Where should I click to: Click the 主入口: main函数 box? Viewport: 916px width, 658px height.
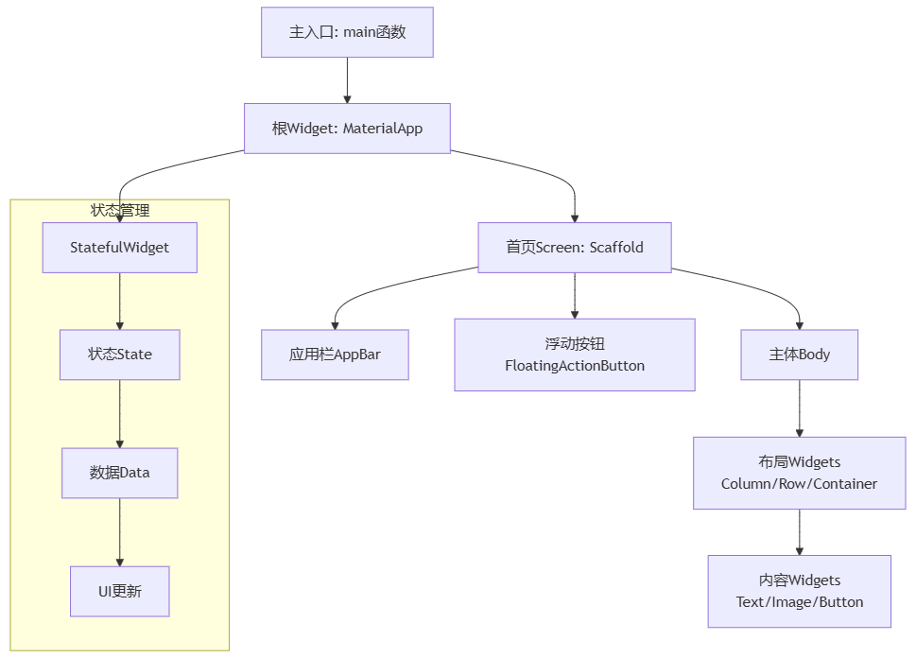pyautogui.click(x=347, y=32)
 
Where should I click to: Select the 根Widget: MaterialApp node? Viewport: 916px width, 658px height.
pyautogui.click(x=347, y=129)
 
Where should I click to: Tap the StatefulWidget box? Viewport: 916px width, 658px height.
pyautogui.click(x=119, y=248)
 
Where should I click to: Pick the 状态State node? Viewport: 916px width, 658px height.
pyautogui.click(x=119, y=355)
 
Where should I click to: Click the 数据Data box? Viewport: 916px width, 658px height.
pyautogui.click(x=119, y=473)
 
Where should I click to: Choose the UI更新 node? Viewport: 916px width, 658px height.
pyautogui.click(x=119, y=591)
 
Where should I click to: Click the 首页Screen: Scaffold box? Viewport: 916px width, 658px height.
pyautogui.click(x=574, y=248)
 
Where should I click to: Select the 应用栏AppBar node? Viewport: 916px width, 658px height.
pyautogui.click(x=335, y=355)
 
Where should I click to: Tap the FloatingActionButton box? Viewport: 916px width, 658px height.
pyautogui.click(x=574, y=355)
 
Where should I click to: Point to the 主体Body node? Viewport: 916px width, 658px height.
pyautogui.click(x=799, y=355)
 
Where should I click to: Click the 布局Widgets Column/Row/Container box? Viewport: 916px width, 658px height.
pyautogui.click(x=799, y=473)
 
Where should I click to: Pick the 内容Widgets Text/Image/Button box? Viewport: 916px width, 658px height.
pyautogui.click(x=799, y=591)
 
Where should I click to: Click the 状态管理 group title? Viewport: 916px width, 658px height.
pyautogui.click(x=119, y=210)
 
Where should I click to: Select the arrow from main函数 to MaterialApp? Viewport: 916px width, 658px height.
pyautogui.click(x=347, y=80)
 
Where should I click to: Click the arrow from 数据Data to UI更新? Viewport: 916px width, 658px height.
pyautogui.click(x=119, y=531)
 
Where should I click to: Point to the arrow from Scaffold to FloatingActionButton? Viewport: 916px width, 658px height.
pyautogui.click(x=574, y=295)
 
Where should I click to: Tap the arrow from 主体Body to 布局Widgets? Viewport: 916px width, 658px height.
pyautogui.click(x=799, y=407)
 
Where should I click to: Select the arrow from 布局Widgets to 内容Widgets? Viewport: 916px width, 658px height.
pyautogui.click(x=799, y=531)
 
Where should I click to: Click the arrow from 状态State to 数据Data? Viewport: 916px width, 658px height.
pyautogui.click(x=119, y=413)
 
